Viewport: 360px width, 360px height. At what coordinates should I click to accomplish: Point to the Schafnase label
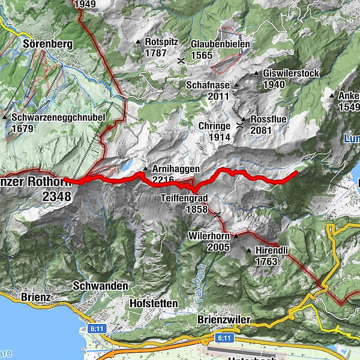(208, 85)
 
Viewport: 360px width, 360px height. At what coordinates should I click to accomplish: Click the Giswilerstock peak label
(290, 74)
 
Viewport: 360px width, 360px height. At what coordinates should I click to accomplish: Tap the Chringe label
(214, 126)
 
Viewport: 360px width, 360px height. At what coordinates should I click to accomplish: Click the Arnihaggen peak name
(176, 169)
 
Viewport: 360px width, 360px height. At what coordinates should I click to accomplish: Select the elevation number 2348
(56, 196)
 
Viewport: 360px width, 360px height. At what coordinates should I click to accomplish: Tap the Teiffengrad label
(184, 197)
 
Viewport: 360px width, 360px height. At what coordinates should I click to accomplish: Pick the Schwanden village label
(100, 286)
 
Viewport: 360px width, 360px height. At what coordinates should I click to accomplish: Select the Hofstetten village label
(154, 304)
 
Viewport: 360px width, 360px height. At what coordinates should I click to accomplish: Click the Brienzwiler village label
(223, 320)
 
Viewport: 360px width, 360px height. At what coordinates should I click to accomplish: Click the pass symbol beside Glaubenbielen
(181, 61)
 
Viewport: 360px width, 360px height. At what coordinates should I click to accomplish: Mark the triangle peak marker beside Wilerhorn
(236, 236)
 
